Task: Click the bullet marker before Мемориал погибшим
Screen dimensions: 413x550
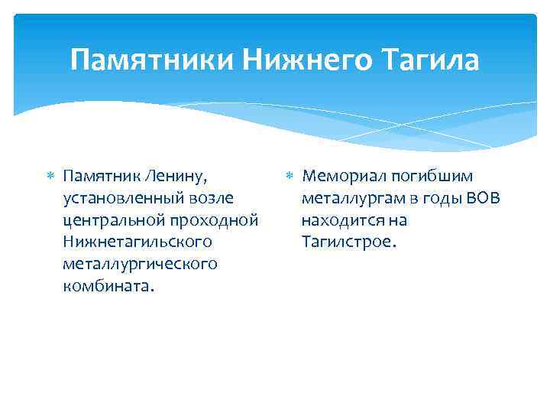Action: click(x=290, y=177)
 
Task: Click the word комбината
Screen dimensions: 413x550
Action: click(x=108, y=286)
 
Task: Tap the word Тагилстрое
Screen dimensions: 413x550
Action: click(x=349, y=242)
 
